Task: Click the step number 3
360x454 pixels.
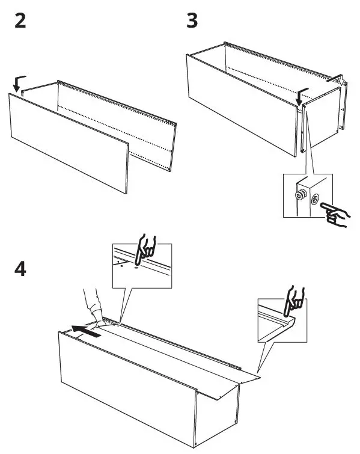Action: coord(192,21)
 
